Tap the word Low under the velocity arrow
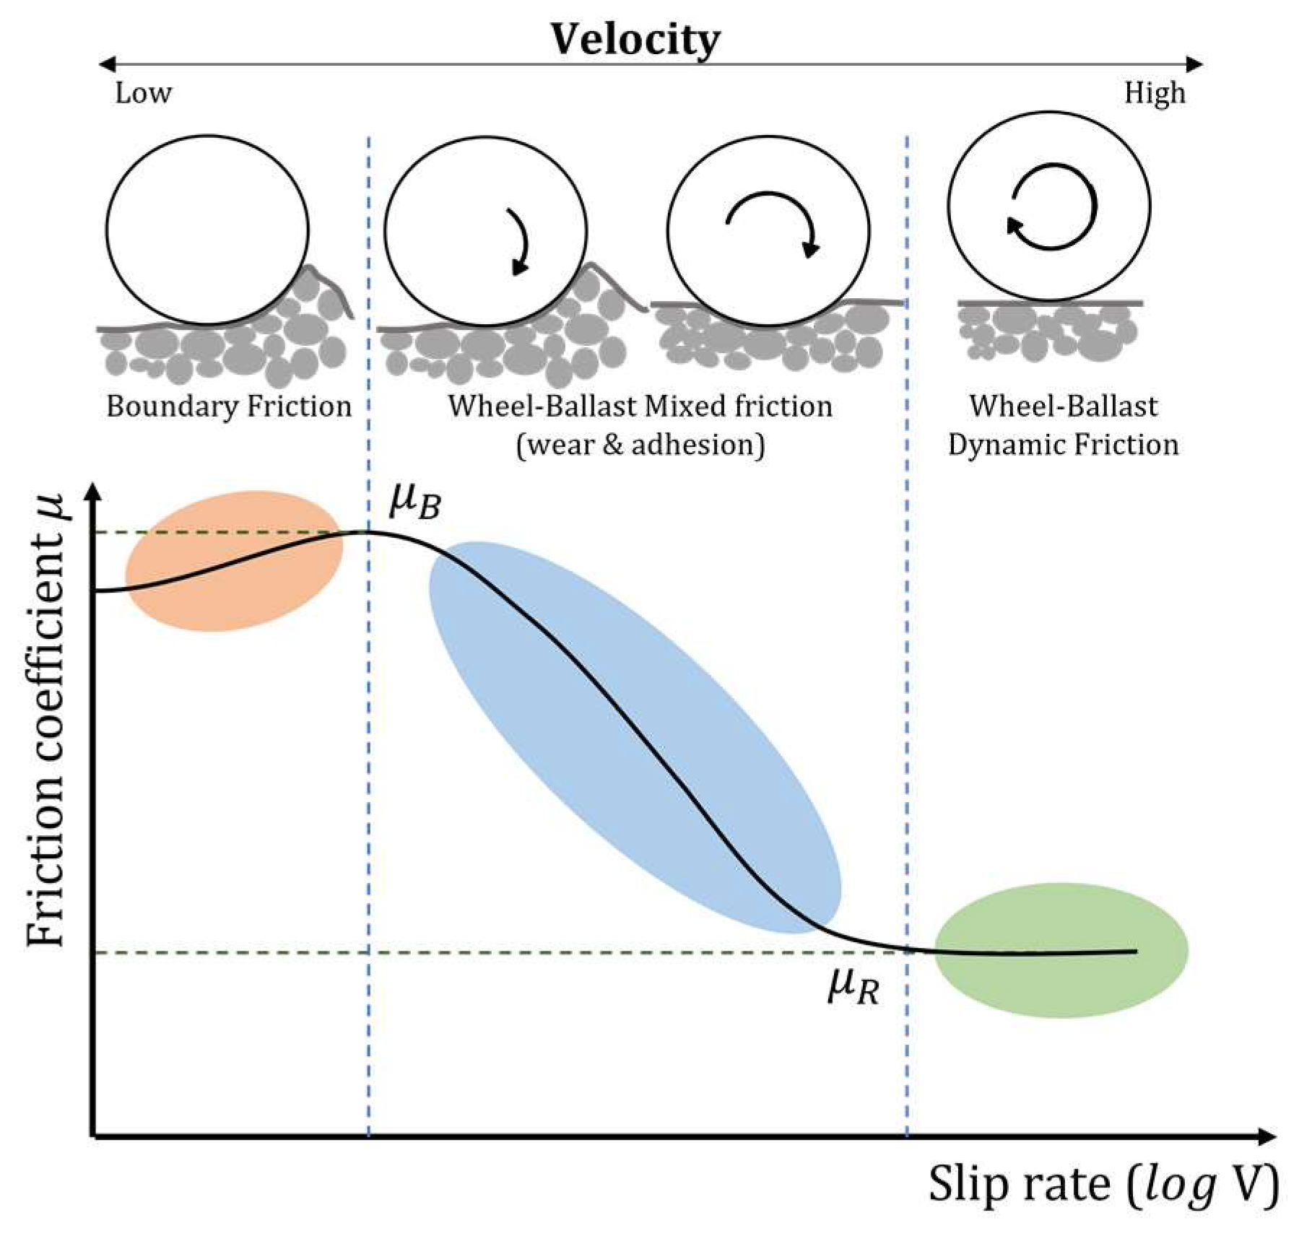click(x=143, y=93)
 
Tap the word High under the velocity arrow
click(x=1154, y=93)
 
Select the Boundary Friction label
click(x=229, y=406)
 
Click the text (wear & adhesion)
click(x=640, y=445)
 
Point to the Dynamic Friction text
click(x=1063, y=445)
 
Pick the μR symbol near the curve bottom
click(x=853, y=985)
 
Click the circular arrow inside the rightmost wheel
click(x=1051, y=207)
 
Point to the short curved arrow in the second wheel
click(x=521, y=242)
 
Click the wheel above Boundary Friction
click(x=207, y=230)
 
